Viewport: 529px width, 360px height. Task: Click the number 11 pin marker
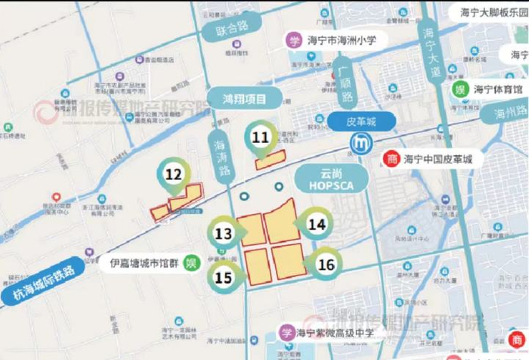tap(261, 138)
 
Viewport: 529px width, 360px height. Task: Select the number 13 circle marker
tap(223, 234)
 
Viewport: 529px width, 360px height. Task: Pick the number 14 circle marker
tap(317, 224)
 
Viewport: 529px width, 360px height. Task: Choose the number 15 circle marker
tap(223, 277)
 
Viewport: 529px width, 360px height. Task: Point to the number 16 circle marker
tap(326, 265)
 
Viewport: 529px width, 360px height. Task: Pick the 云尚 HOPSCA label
tap(328, 179)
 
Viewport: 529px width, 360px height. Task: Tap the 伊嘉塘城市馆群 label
tap(142, 265)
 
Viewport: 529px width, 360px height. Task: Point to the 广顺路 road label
tap(348, 84)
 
